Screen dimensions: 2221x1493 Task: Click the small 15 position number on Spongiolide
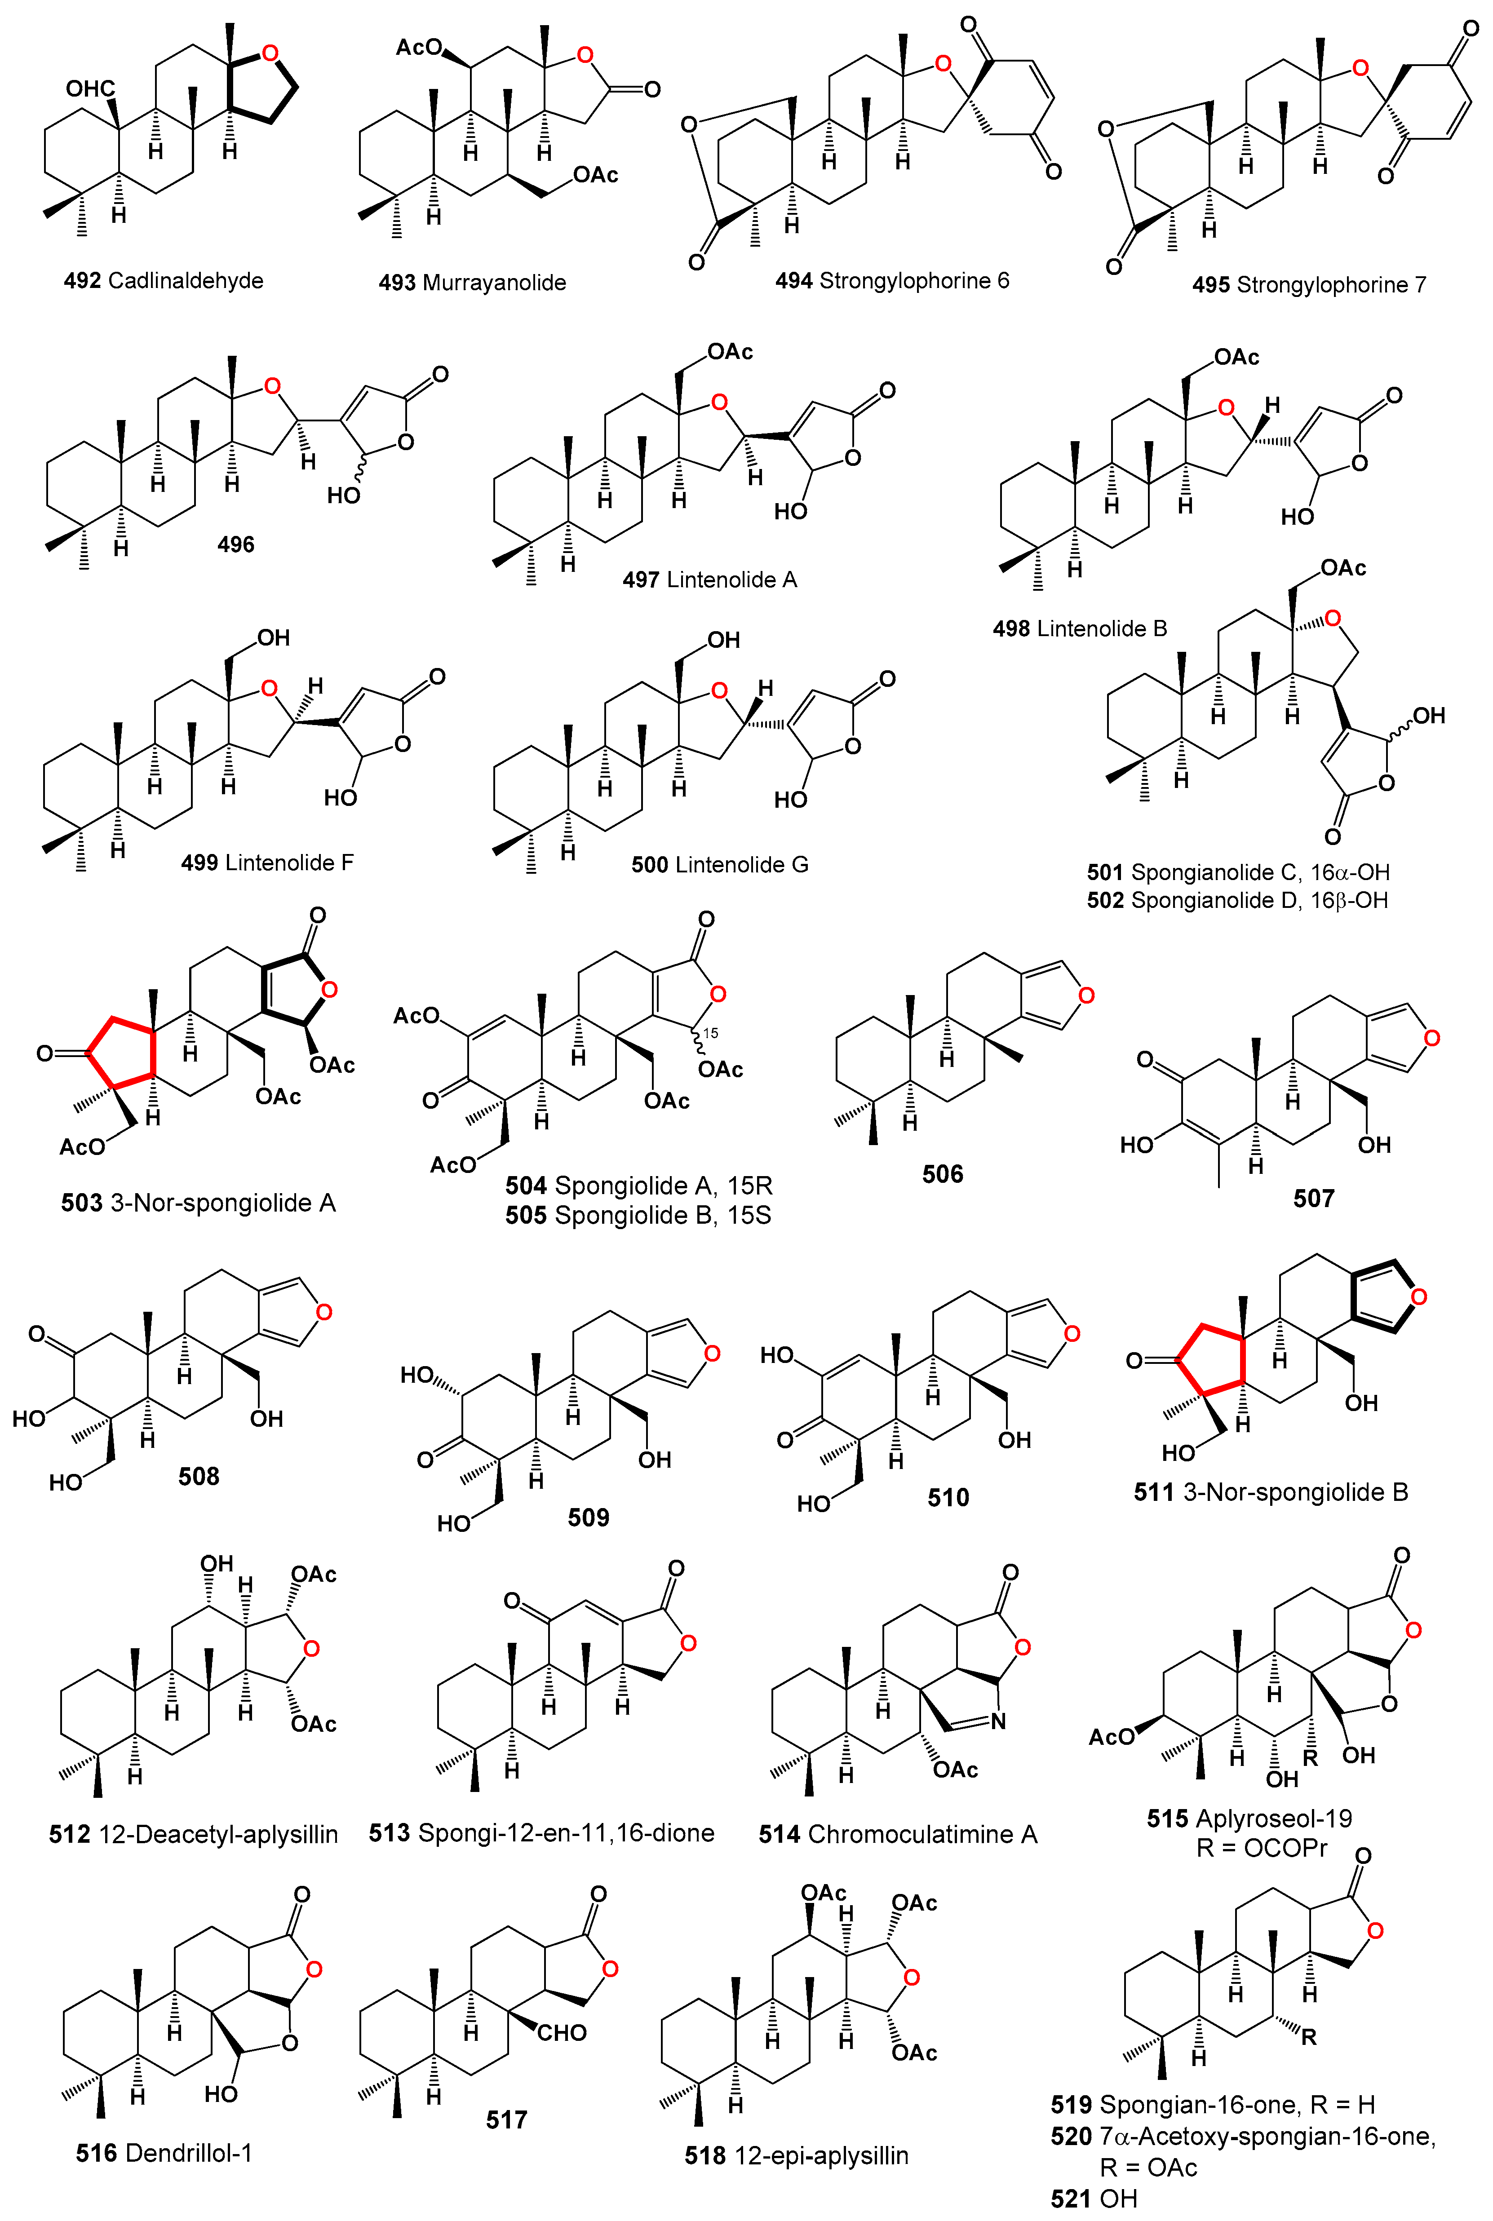(710, 1033)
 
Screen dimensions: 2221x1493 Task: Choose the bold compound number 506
(943, 1174)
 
